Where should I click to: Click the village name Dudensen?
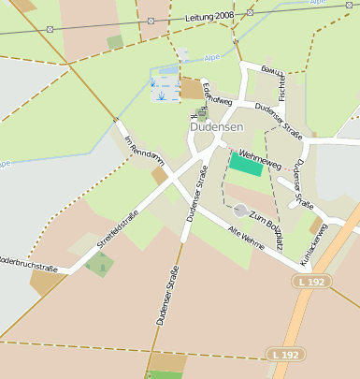point(216,126)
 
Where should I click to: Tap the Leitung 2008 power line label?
point(210,17)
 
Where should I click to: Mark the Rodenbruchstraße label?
point(26,264)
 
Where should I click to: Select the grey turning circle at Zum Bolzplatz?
point(240,211)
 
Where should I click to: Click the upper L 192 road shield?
point(312,282)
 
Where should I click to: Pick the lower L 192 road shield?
point(285,355)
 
